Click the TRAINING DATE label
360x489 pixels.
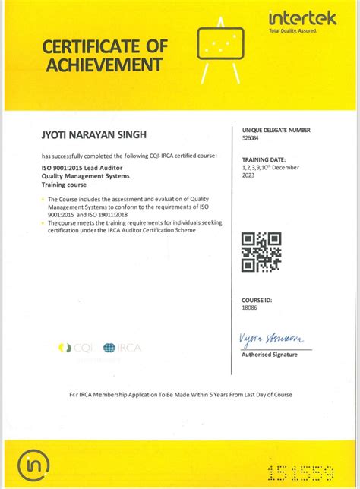(x=264, y=159)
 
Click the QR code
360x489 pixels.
(x=261, y=252)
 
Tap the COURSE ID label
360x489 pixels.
(x=256, y=300)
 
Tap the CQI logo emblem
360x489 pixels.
(x=65, y=348)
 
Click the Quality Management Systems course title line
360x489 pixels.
(x=85, y=176)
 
